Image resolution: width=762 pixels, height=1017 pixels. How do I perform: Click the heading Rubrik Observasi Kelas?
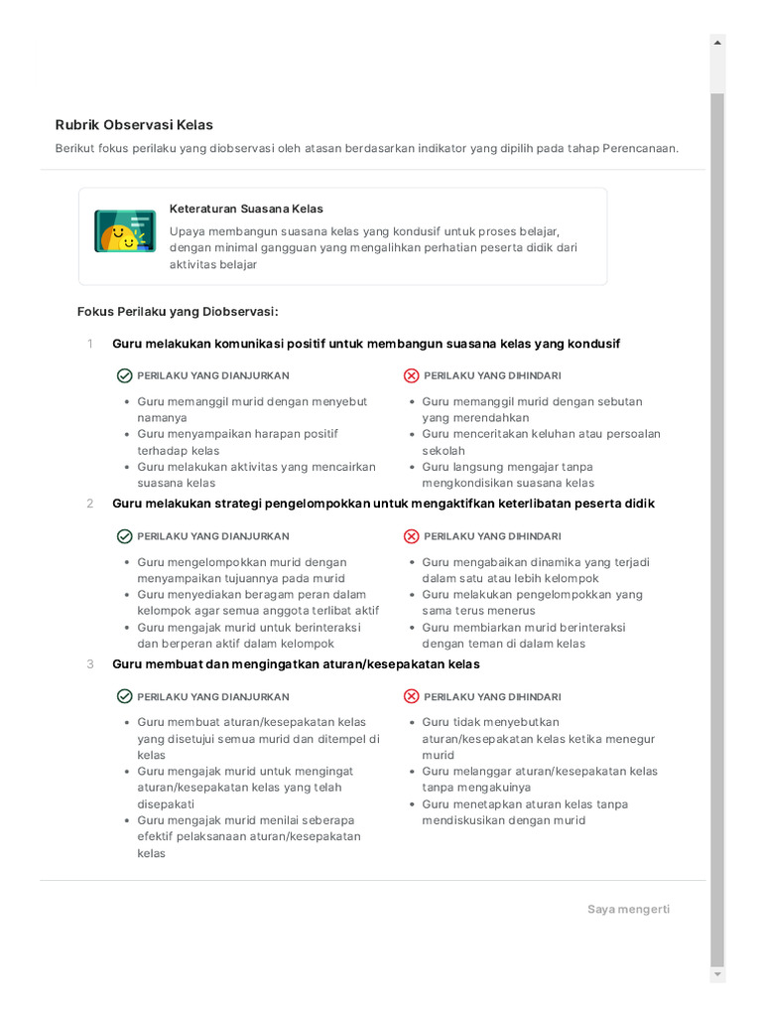click(x=134, y=125)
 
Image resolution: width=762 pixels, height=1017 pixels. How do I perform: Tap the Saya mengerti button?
click(x=628, y=909)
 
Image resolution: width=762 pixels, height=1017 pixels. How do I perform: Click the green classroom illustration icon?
click(x=125, y=230)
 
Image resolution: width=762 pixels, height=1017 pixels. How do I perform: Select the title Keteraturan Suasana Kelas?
click(x=246, y=209)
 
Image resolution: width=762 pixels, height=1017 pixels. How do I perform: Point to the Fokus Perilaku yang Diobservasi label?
click(x=178, y=311)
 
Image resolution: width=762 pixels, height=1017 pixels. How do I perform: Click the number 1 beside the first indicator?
click(x=89, y=344)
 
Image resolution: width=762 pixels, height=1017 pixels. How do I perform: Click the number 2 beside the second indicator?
click(x=89, y=504)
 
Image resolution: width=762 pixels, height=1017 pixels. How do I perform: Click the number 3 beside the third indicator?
click(x=89, y=663)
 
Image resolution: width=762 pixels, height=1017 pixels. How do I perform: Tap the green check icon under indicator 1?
click(x=124, y=375)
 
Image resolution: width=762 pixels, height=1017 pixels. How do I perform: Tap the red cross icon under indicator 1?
click(x=411, y=375)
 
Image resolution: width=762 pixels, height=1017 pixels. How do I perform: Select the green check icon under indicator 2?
click(x=124, y=536)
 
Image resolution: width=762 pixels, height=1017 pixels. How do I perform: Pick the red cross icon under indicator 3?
click(x=411, y=696)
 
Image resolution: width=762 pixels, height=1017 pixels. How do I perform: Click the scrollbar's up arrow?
click(x=717, y=42)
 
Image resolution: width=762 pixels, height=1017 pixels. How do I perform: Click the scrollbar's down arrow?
click(x=717, y=975)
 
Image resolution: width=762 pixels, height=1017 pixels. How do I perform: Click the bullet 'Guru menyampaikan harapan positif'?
click(x=238, y=442)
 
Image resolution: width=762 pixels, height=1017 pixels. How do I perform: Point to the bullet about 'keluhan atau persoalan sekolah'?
click(x=541, y=442)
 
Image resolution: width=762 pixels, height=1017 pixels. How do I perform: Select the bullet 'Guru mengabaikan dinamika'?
click(x=536, y=570)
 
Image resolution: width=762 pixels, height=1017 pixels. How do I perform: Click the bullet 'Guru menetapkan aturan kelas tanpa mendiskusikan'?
click(x=524, y=812)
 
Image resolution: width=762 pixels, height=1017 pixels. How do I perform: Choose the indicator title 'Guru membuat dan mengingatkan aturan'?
click(x=296, y=663)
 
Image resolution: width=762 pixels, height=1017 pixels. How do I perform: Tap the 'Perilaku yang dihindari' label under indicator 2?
click(x=492, y=536)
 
